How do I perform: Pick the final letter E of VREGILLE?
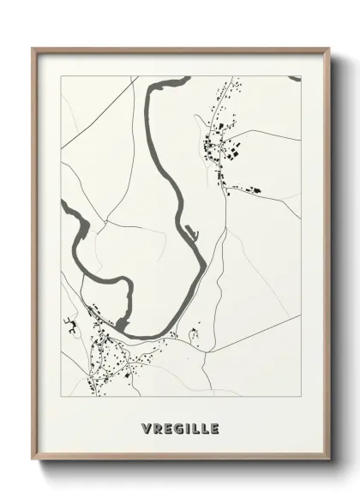(213, 427)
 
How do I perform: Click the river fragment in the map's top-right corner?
(294, 78)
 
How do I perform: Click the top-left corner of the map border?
(61, 75)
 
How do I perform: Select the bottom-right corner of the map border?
(301, 398)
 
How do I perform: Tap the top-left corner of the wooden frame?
(33, 47)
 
